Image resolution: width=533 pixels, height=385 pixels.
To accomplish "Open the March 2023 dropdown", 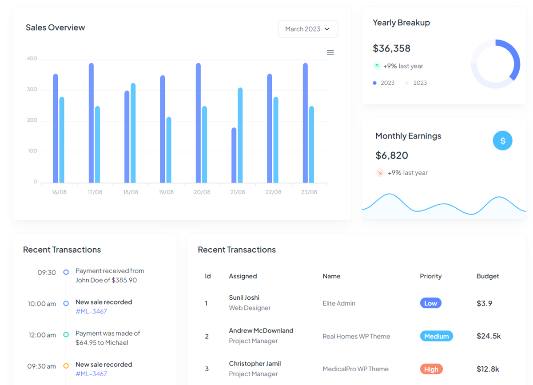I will (x=307, y=29).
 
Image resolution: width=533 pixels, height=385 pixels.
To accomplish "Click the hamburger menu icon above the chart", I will (x=330, y=52).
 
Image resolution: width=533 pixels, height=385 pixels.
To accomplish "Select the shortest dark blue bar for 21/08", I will (x=234, y=155).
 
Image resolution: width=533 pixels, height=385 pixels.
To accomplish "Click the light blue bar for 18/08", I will (x=133, y=133).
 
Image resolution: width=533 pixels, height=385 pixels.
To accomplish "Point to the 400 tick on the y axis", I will (x=32, y=59).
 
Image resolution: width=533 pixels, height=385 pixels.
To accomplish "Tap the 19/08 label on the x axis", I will (x=166, y=192).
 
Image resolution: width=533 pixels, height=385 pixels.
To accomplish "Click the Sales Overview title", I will (x=55, y=28).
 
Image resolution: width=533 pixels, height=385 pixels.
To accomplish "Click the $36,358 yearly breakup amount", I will (x=391, y=48).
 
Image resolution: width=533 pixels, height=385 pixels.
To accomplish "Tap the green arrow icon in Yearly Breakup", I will (x=377, y=66).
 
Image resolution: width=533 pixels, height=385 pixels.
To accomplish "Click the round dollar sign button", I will (x=502, y=141).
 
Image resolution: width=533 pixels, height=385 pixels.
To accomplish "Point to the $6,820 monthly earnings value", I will (x=391, y=155).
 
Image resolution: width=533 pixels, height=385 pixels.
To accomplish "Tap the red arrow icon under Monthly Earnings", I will (x=380, y=173).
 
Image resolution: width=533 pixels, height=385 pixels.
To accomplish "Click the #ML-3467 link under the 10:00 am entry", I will (x=91, y=311).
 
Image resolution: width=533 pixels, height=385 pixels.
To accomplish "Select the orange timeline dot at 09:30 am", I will (x=66, y=366).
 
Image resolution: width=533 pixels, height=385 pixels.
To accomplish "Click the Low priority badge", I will (x=430, y=303).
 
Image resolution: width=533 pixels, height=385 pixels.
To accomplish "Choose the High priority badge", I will (x=431, y=369).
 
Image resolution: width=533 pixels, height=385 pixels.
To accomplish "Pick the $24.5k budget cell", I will (x=488, y=336).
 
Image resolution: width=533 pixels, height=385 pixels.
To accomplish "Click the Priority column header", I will (x=430, y=276).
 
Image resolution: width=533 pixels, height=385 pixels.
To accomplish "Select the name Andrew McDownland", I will (x=261, y=331).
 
